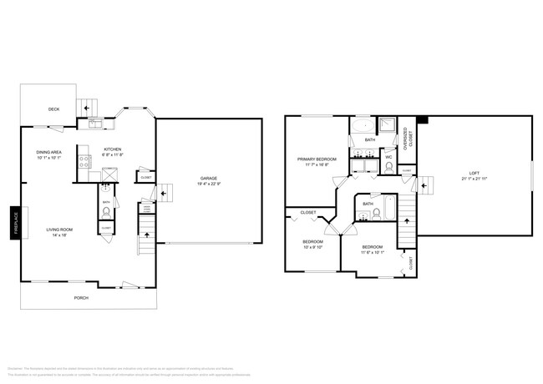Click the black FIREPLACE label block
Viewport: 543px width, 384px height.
click(15, 223)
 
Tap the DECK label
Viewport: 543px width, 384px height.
click(53, 109)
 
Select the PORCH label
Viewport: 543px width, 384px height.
click(81, 297)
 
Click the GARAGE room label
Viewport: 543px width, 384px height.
click(209, 178)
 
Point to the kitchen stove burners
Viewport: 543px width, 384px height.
click(84, 162)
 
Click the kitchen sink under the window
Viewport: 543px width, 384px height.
click(95, 124)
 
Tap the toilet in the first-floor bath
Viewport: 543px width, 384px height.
click(106, 212)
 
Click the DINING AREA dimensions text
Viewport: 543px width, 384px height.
click(49, 158)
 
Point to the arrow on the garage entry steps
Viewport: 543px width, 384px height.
click(164, 193)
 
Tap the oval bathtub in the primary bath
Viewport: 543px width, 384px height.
click(362, 128)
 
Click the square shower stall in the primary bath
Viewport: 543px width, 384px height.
click(387, 126)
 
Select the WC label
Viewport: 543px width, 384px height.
click(388, 157)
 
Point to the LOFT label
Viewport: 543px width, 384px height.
click(473, 173)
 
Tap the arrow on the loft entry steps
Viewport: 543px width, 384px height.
click(424, 184)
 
